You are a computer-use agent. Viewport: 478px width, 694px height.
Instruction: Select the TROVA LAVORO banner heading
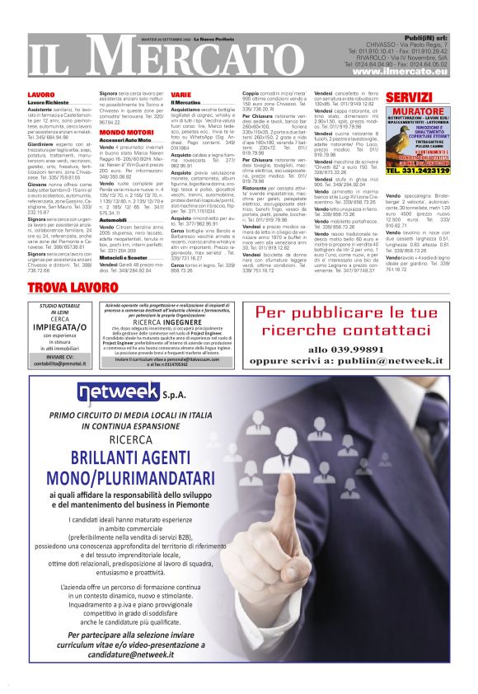(91, 288)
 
